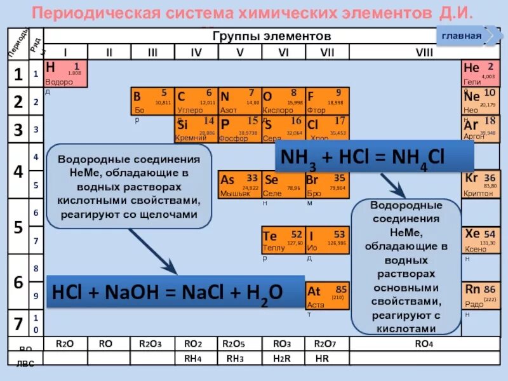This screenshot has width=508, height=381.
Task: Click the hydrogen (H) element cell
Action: click(x=66, y=74)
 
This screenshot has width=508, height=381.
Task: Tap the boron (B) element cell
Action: click(x=152, y=102)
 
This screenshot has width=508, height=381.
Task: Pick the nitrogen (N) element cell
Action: click(x=239, y=102)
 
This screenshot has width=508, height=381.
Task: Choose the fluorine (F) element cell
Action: click(x=326, y=102)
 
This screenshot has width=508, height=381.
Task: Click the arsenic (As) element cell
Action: click(x=239, y=185)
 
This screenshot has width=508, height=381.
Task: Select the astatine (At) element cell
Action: click(x=326, y=296)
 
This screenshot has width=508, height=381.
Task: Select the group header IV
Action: click(x=196, y=52)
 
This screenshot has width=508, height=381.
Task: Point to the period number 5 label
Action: click(x=18, y=227)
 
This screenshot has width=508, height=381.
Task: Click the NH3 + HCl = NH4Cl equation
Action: click(x=374, y=157)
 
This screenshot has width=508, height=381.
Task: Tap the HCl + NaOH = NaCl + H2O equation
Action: click(x=166, y=291)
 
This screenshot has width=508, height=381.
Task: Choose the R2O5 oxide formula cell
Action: click(x=239, y=344)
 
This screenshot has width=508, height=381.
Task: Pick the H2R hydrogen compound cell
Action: click(x=283, y=358)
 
